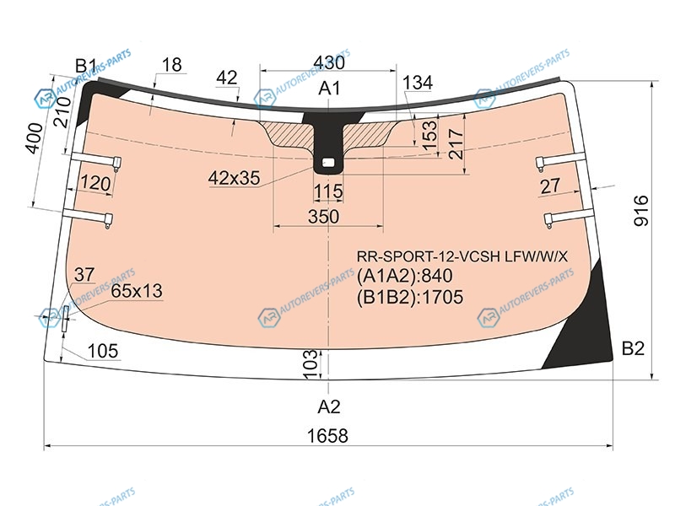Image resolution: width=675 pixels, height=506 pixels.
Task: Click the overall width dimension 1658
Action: pos(327,435)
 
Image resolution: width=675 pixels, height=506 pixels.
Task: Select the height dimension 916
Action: pos(641,210)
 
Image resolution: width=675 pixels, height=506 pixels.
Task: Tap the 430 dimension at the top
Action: pos(329,62)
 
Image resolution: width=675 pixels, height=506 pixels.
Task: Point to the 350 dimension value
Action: pos(324,217)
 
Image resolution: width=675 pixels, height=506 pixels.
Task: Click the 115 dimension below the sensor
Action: pos(328,191)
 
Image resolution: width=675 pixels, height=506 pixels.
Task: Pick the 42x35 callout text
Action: pos(235,178)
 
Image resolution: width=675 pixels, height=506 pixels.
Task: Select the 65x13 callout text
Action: pos(137,291)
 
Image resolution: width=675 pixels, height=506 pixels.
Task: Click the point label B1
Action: pos(86,67)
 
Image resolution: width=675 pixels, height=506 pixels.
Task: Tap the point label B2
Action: pos(633,348)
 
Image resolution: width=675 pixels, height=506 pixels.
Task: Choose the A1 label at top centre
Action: pos(329,88)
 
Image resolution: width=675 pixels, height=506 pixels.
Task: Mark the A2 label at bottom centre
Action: pos(329,406)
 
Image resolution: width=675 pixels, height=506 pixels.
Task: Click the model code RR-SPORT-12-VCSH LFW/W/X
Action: pos(462,256)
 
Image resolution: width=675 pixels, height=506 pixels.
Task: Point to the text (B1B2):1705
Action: pos(410,297)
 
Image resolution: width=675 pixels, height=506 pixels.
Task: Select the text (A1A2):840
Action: pos(405,276)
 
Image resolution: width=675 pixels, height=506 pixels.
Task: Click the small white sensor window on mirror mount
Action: pos(328,163)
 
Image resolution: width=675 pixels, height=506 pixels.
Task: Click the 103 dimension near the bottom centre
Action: pos(310,365)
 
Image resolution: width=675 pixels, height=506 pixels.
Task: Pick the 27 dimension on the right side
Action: pos(550,186)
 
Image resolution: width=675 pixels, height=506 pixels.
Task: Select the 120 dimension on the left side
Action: pos(95,183)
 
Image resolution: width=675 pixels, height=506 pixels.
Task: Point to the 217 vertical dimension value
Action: pos(456,144)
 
